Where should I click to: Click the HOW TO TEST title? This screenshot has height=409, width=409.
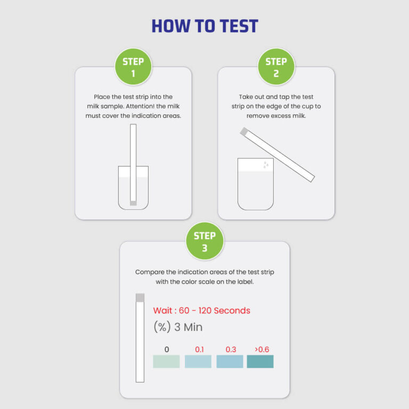click(x=204, y=26)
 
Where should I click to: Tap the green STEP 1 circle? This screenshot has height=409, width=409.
click(x=133, y=67)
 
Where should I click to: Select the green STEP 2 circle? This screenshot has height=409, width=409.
click(x=276, y=67)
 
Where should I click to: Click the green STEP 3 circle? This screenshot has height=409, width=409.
click(x=204, y=241)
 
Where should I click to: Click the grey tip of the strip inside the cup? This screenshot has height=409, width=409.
click(x=133, y=203)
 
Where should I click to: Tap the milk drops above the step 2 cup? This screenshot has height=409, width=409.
click(x=266, y=166)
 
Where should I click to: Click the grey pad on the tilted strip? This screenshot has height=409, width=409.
click(x=244, y=131)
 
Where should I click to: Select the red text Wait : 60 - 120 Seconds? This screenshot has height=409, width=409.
click(x=201, y=310)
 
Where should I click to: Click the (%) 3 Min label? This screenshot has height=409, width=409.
click(x=177, y=327)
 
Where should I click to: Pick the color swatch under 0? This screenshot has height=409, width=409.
click(x=166, y=362)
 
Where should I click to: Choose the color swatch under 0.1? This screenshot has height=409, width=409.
click(x=198, y=362)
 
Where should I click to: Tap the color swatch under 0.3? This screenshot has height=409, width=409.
click(x=230, y=362)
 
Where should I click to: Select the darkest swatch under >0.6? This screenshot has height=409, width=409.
click(x=260, y=362)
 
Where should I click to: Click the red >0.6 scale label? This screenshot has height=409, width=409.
click(x=261, y=349)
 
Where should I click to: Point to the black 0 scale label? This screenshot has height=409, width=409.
click(x=167, y=349)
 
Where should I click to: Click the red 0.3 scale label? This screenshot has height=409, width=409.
click(x=231, y=349)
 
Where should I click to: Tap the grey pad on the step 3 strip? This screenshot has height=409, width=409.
click(x=140, y=298)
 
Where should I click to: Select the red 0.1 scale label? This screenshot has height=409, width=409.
click(x=199, y=349)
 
